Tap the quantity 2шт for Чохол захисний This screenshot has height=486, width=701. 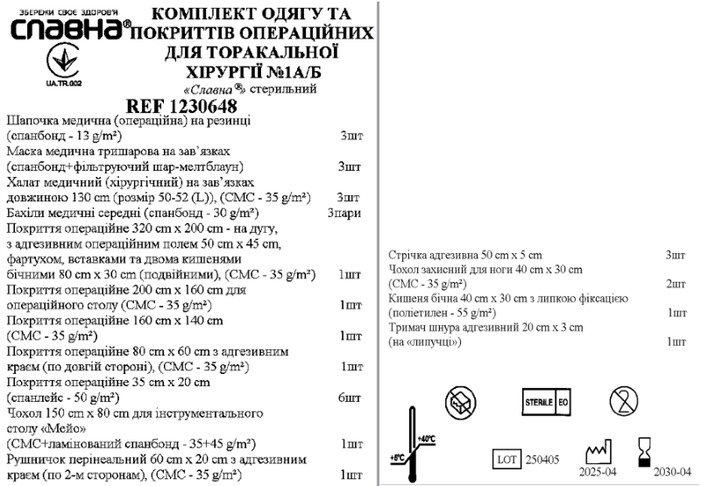point(675,284)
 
